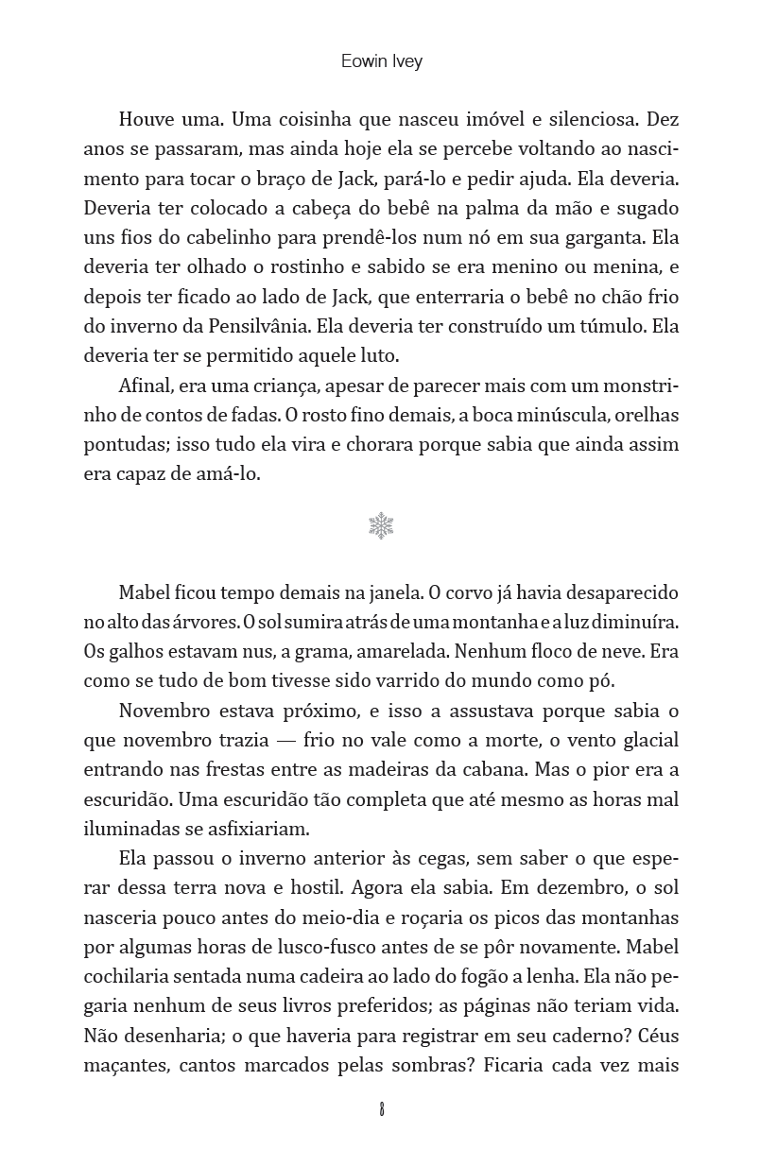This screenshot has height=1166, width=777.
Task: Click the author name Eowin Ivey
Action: (x=381, y=62)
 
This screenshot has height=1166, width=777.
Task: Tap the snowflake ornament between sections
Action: (x=381, y=526)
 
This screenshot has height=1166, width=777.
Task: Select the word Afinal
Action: (x=146, y=386)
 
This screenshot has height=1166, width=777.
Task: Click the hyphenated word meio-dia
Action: (x=377, y=917)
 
